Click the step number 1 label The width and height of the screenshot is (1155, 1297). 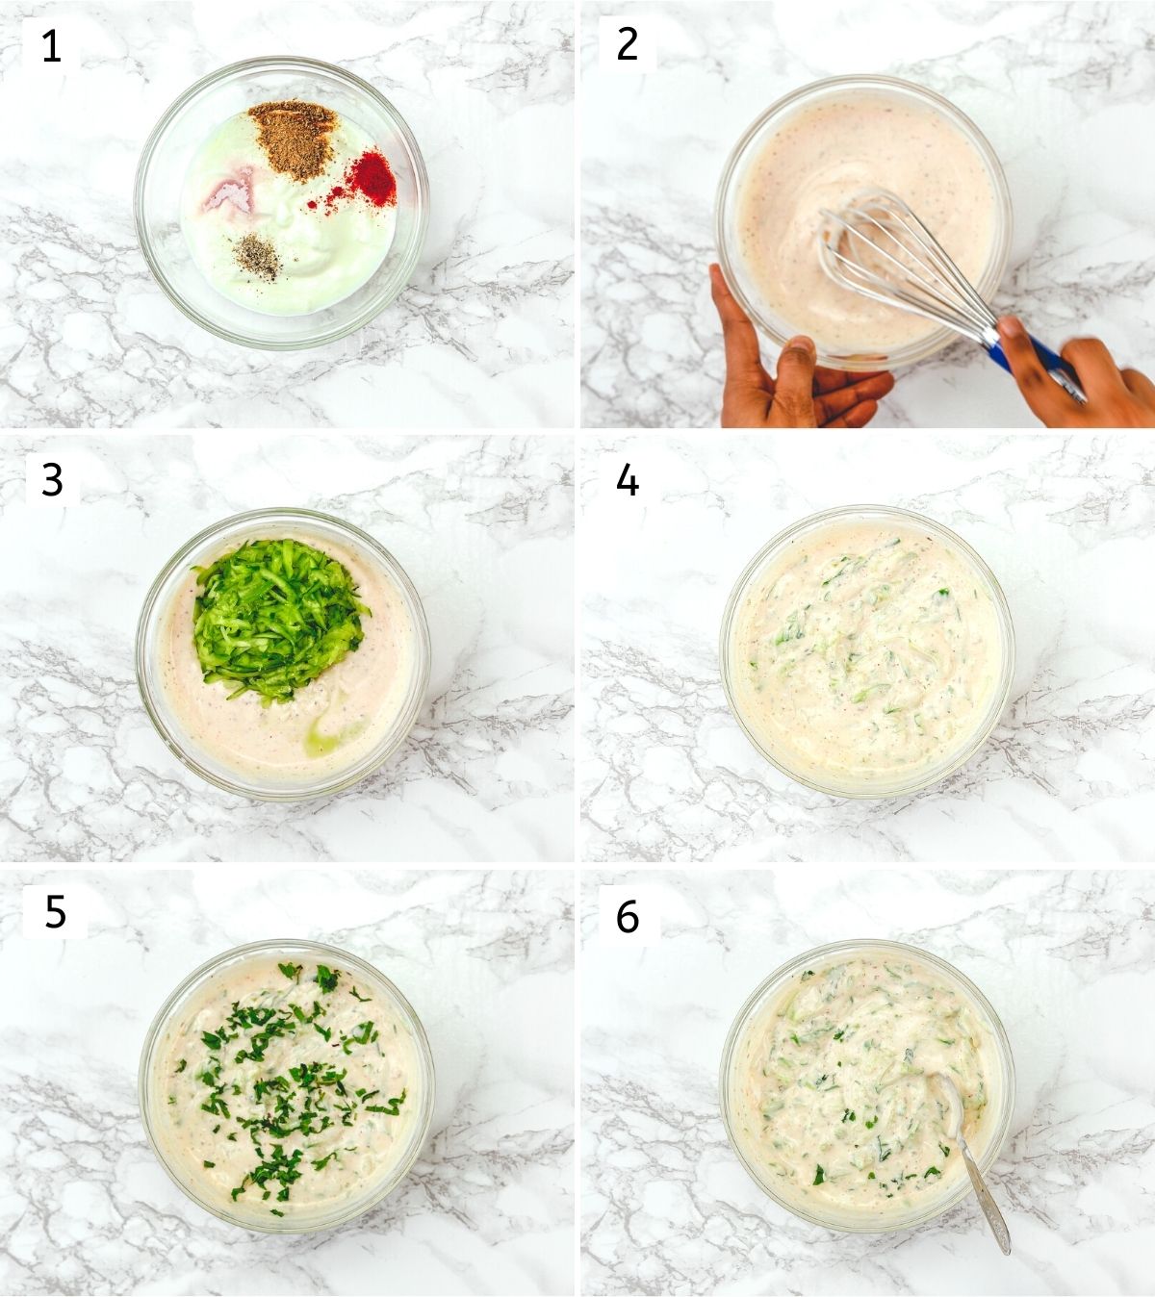[x=51, y=46]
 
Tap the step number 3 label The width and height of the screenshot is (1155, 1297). [x=52, y=480]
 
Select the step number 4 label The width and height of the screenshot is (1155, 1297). [x=628, y=480]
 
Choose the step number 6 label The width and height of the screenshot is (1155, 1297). [x=628, y=916]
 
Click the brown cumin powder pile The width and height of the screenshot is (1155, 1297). [x=293, y=139]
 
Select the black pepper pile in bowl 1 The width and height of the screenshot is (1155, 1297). [x=258, y=257]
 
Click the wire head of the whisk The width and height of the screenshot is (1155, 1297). [x=898, y=263]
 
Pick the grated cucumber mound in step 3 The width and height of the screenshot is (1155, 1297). [x=279, y=619]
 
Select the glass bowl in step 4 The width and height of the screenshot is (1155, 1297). [x=867, y=651]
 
